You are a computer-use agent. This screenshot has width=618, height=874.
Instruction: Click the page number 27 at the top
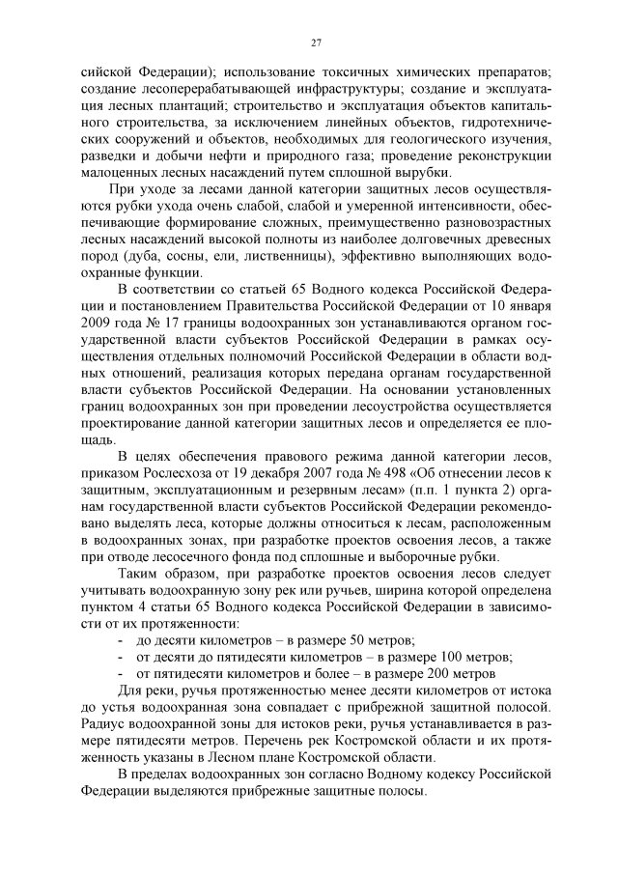[315, 42]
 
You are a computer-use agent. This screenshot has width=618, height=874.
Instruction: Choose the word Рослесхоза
[169, 473]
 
